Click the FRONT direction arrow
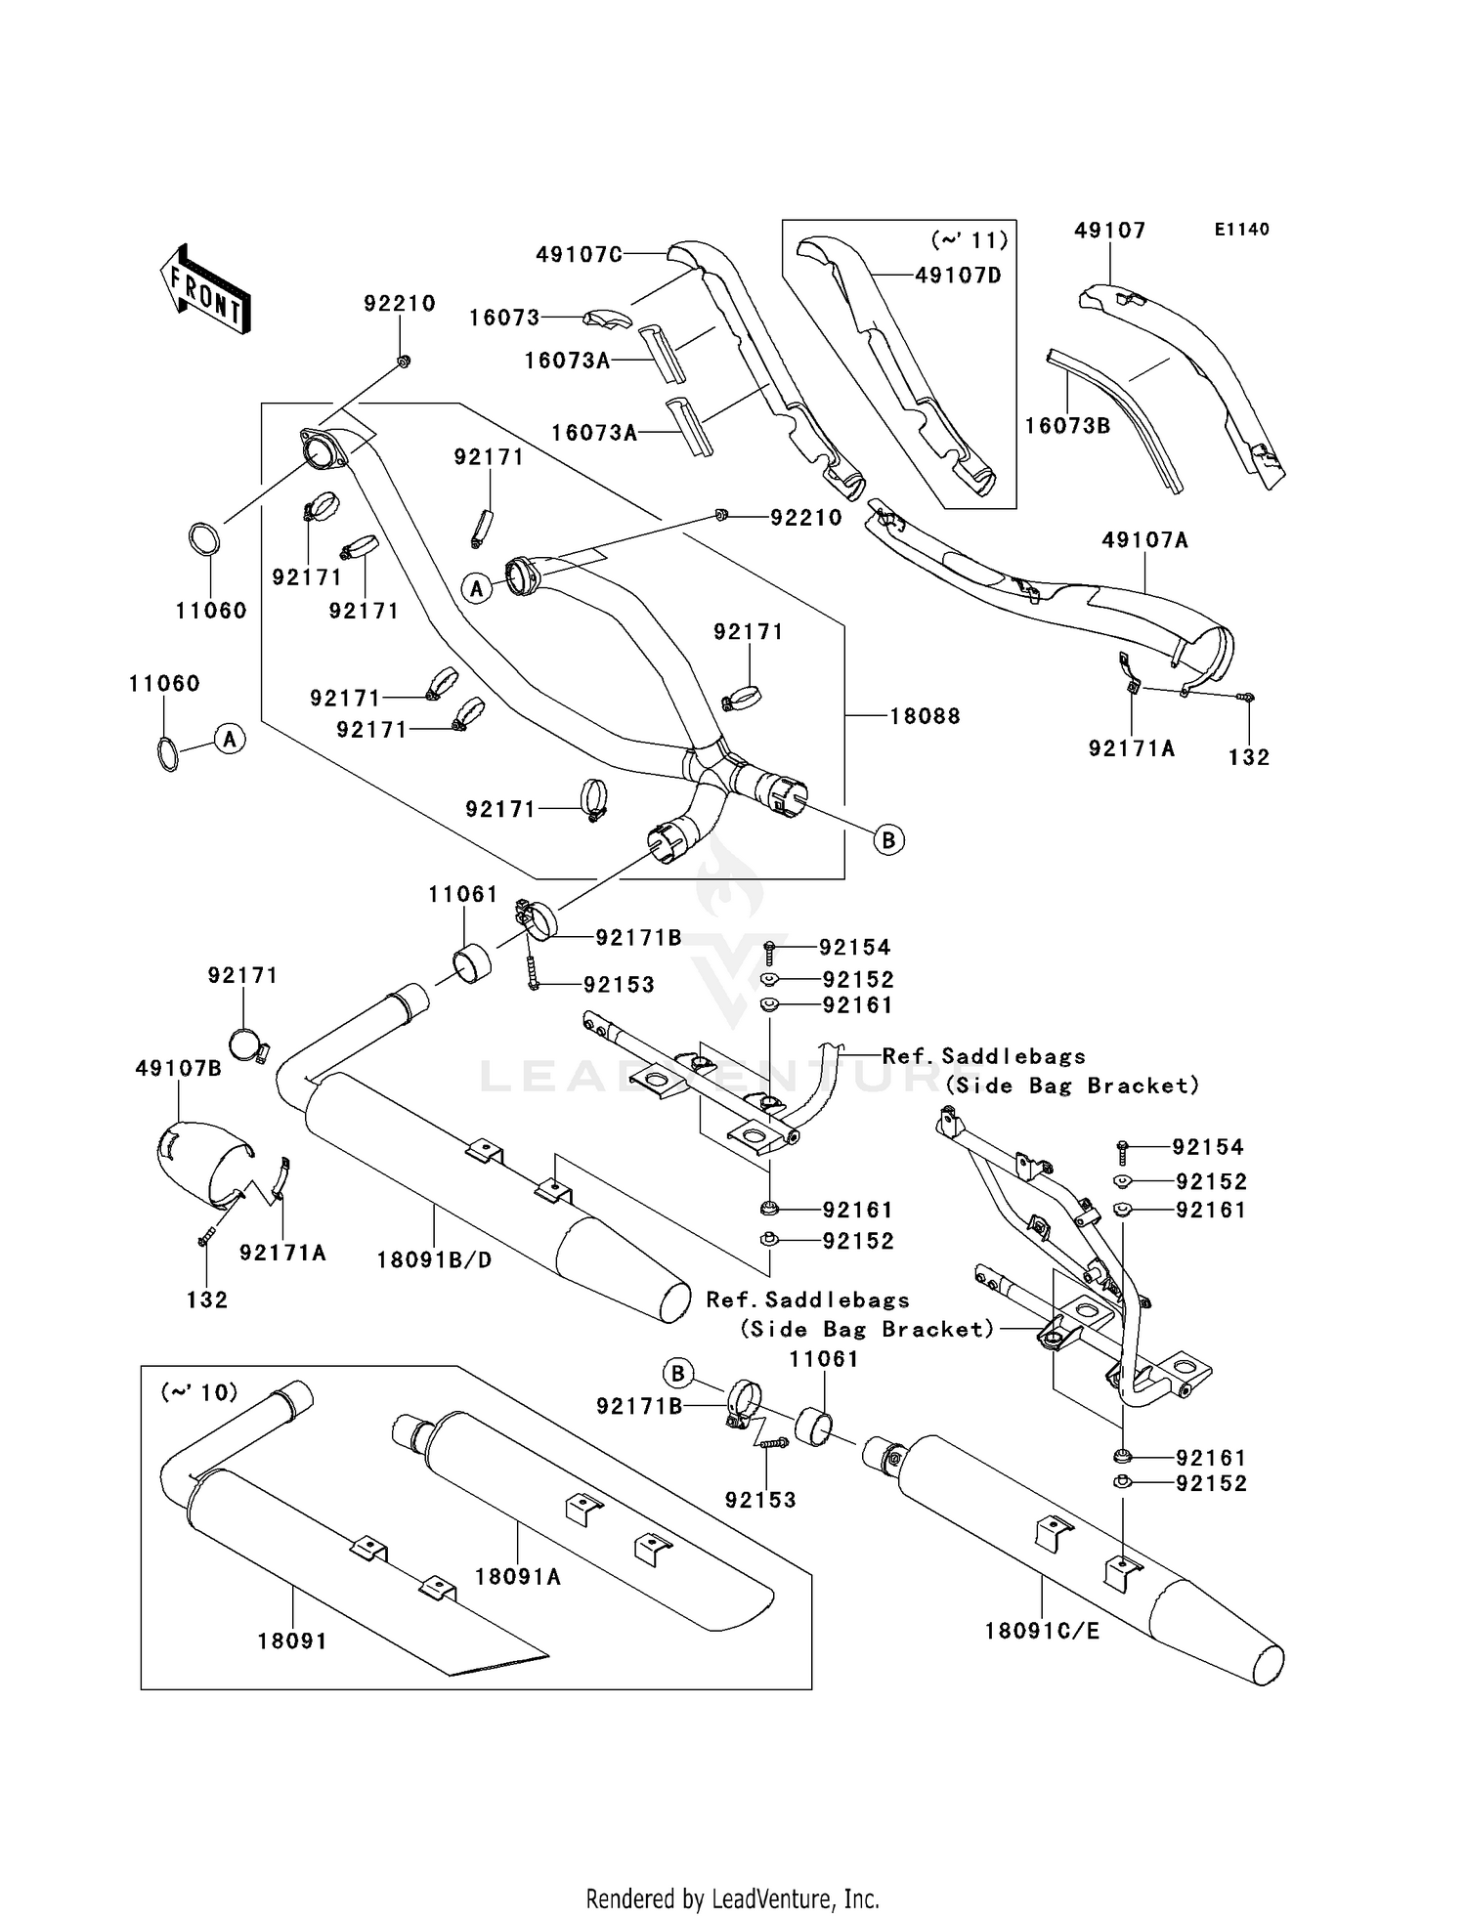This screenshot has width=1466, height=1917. (x=206, y=290)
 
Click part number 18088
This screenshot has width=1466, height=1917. (x=924, y=716)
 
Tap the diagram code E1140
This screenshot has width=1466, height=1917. (x=1241, y=230)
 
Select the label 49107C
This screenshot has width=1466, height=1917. (x=579, y=255)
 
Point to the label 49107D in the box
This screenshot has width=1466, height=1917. (x=958, y=276)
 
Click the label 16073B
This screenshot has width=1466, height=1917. (x=1067, y=426)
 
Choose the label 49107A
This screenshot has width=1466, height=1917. (x=1144, y=539)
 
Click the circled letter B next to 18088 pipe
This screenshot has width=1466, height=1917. (x=888, y=839)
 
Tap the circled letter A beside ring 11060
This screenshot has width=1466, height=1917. (x=230, y=740)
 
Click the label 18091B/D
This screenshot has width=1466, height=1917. (x=434, y=1260)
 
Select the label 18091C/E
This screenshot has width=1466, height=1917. (x=1042, y=1631)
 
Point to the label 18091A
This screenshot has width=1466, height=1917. (x=518, y=1576)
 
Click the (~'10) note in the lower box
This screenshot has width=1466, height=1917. (x=199, y=1391)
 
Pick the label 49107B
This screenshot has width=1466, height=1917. (x=178, y=1068)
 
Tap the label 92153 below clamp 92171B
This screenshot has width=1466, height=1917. (x=760, y=1499)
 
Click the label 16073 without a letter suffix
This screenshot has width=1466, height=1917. (x=504, y=318)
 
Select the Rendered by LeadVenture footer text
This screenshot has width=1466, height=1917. (x=732, y=1898)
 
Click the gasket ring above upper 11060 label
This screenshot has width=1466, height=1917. (x=203, y=539)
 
